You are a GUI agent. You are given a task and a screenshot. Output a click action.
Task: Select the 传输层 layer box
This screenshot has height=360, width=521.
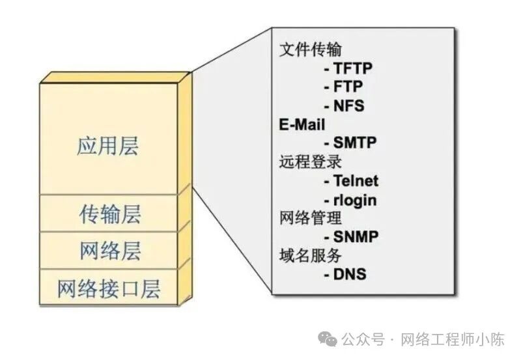[110, 214]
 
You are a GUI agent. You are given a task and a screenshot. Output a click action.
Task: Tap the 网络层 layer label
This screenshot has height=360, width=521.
[110, 251]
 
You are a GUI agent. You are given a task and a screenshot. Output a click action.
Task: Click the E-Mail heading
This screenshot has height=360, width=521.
[302, 124]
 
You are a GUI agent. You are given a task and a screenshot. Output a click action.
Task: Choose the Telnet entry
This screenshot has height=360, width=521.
[356, 180]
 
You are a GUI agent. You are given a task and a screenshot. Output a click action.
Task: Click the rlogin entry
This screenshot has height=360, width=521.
[356, 199]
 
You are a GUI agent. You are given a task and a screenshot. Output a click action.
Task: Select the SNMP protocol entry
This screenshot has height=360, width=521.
[356, 237]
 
